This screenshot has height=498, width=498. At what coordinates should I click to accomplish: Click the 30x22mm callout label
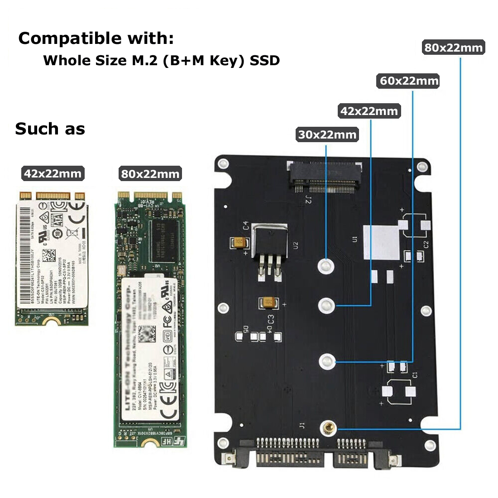tap(327, 135)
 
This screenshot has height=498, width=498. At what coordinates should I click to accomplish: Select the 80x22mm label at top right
tap(453, 48)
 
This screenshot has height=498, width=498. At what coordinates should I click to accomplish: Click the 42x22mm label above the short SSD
tap(53, 173)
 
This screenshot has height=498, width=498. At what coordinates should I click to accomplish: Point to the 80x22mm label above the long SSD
tap(150, 174)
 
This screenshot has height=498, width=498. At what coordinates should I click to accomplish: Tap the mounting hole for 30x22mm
tap(326, 265)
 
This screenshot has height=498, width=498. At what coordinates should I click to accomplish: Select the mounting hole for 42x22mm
tap(326, 306)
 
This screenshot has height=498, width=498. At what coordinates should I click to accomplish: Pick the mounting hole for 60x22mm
tap(326, 361)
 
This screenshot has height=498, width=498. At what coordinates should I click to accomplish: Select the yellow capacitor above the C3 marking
tap(267, 303)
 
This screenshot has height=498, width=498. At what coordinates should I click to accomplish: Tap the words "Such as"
tap(50, 129)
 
